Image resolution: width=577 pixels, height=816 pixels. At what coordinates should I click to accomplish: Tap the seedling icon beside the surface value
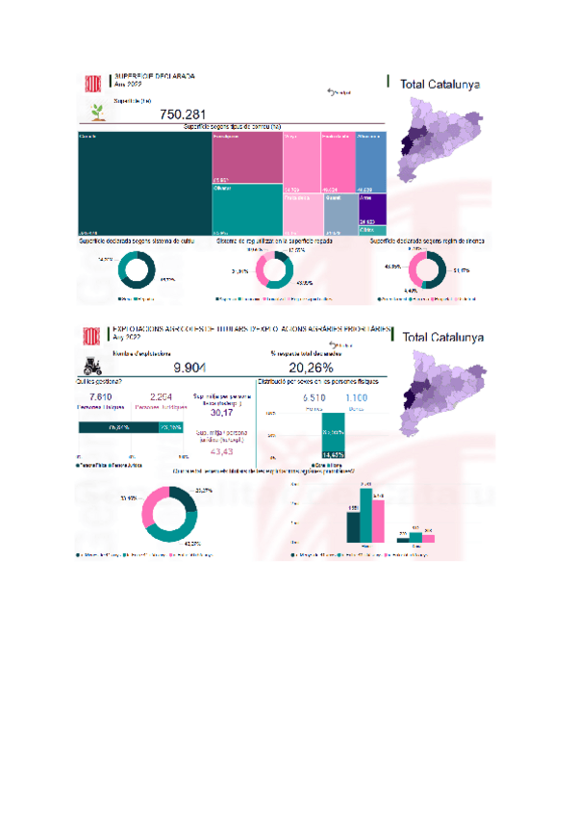(96, 112)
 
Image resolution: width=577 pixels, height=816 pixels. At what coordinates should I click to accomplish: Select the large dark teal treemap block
(144, 183)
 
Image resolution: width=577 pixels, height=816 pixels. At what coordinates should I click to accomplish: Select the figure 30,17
(221, 413)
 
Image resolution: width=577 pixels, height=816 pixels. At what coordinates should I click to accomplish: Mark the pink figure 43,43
(221, 451)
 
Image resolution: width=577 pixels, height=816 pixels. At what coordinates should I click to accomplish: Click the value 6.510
(314, 397)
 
